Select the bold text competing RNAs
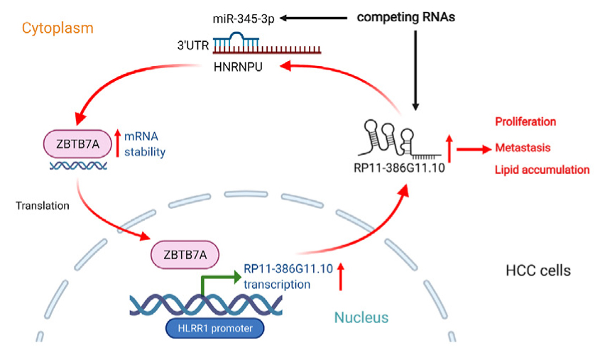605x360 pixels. click(405, 16)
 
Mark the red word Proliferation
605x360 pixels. click(526, 121)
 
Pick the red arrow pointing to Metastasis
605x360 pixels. click(474, 149)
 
